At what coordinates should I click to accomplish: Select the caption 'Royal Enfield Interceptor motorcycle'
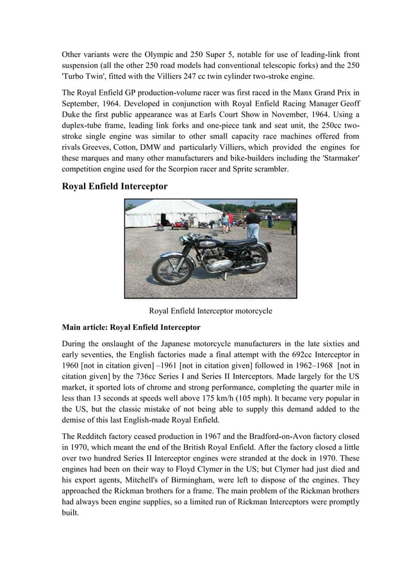coord(210,311)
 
